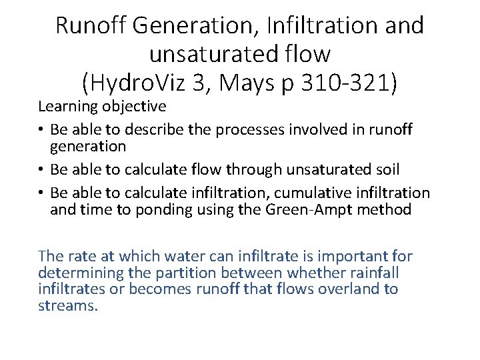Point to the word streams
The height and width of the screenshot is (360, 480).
[68, 306]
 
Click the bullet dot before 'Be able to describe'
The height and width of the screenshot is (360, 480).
[42, 129]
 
